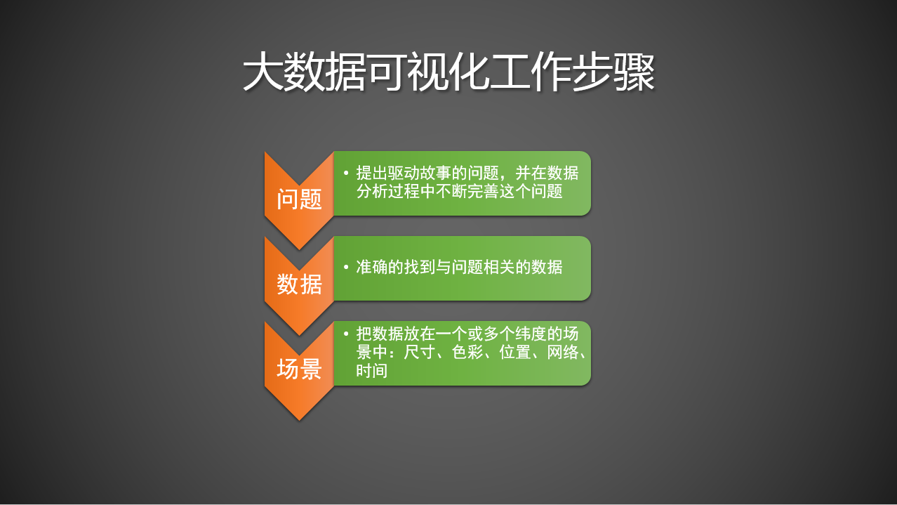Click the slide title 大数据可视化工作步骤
pos(448,72)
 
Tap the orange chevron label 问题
pos(299,199)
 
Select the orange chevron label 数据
pos(299,284)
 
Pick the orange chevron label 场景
pos(299,369)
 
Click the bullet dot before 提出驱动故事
pos(347,173)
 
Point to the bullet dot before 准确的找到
pos(347,266)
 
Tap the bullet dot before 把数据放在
pos(347,333)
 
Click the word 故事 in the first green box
pos(436,173)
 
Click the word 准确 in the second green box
pos(372,267)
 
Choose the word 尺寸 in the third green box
pos(420,352)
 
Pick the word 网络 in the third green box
pos(563,352)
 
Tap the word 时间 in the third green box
pos(372,370)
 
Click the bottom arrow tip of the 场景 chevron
pos(299,420)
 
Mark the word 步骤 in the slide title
pos(614,72)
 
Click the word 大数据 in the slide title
pos(305,72)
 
